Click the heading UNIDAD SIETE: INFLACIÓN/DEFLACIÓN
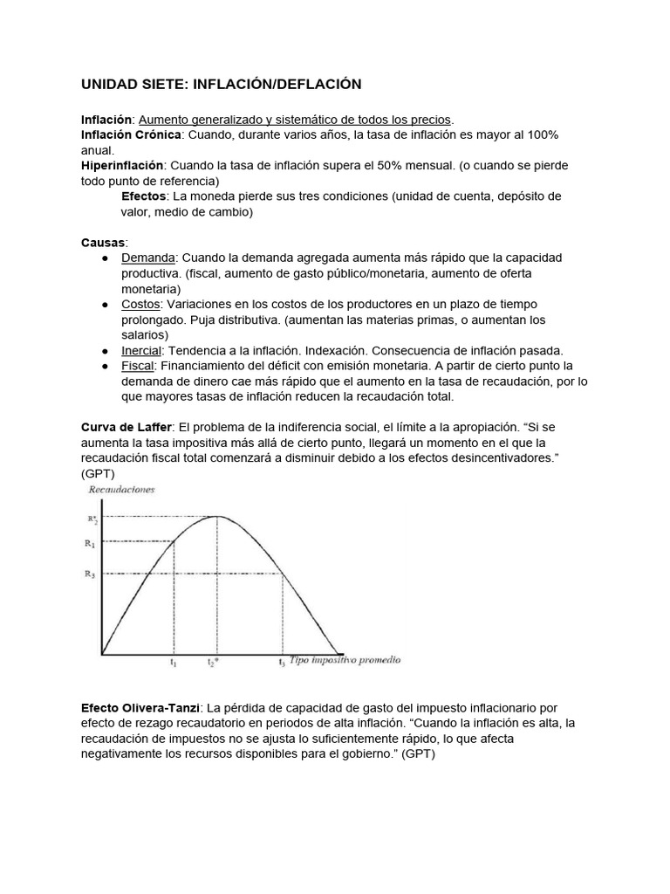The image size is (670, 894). pyautogui.click(x=221, y=84)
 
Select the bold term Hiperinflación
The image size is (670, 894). pyautogui.click(x=122, y=165)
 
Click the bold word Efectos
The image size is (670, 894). pyautogui.click(x=144, y=196)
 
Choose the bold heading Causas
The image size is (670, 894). pyautogui.click(x=104, y=242)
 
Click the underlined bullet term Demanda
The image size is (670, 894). pyautogui.click(x=148, y=258)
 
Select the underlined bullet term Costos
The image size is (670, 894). pyautogui.click(x=141, y=304)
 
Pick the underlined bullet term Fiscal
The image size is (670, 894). pyautogui.click(x=138, y=366)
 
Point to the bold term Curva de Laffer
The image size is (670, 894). pyautogui.click(x=126, y=427)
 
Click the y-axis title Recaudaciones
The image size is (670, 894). pyautogui.click(x=121, y=490)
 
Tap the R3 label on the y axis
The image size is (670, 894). pyautogui.click(x=91, y=574)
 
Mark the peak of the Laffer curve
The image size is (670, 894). pyautogui.click(x=218, y=517)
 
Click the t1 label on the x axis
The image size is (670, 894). pyautogui.click(x=174, y=663)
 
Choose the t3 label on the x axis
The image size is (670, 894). pyautogui.click(x=282, y=663)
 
